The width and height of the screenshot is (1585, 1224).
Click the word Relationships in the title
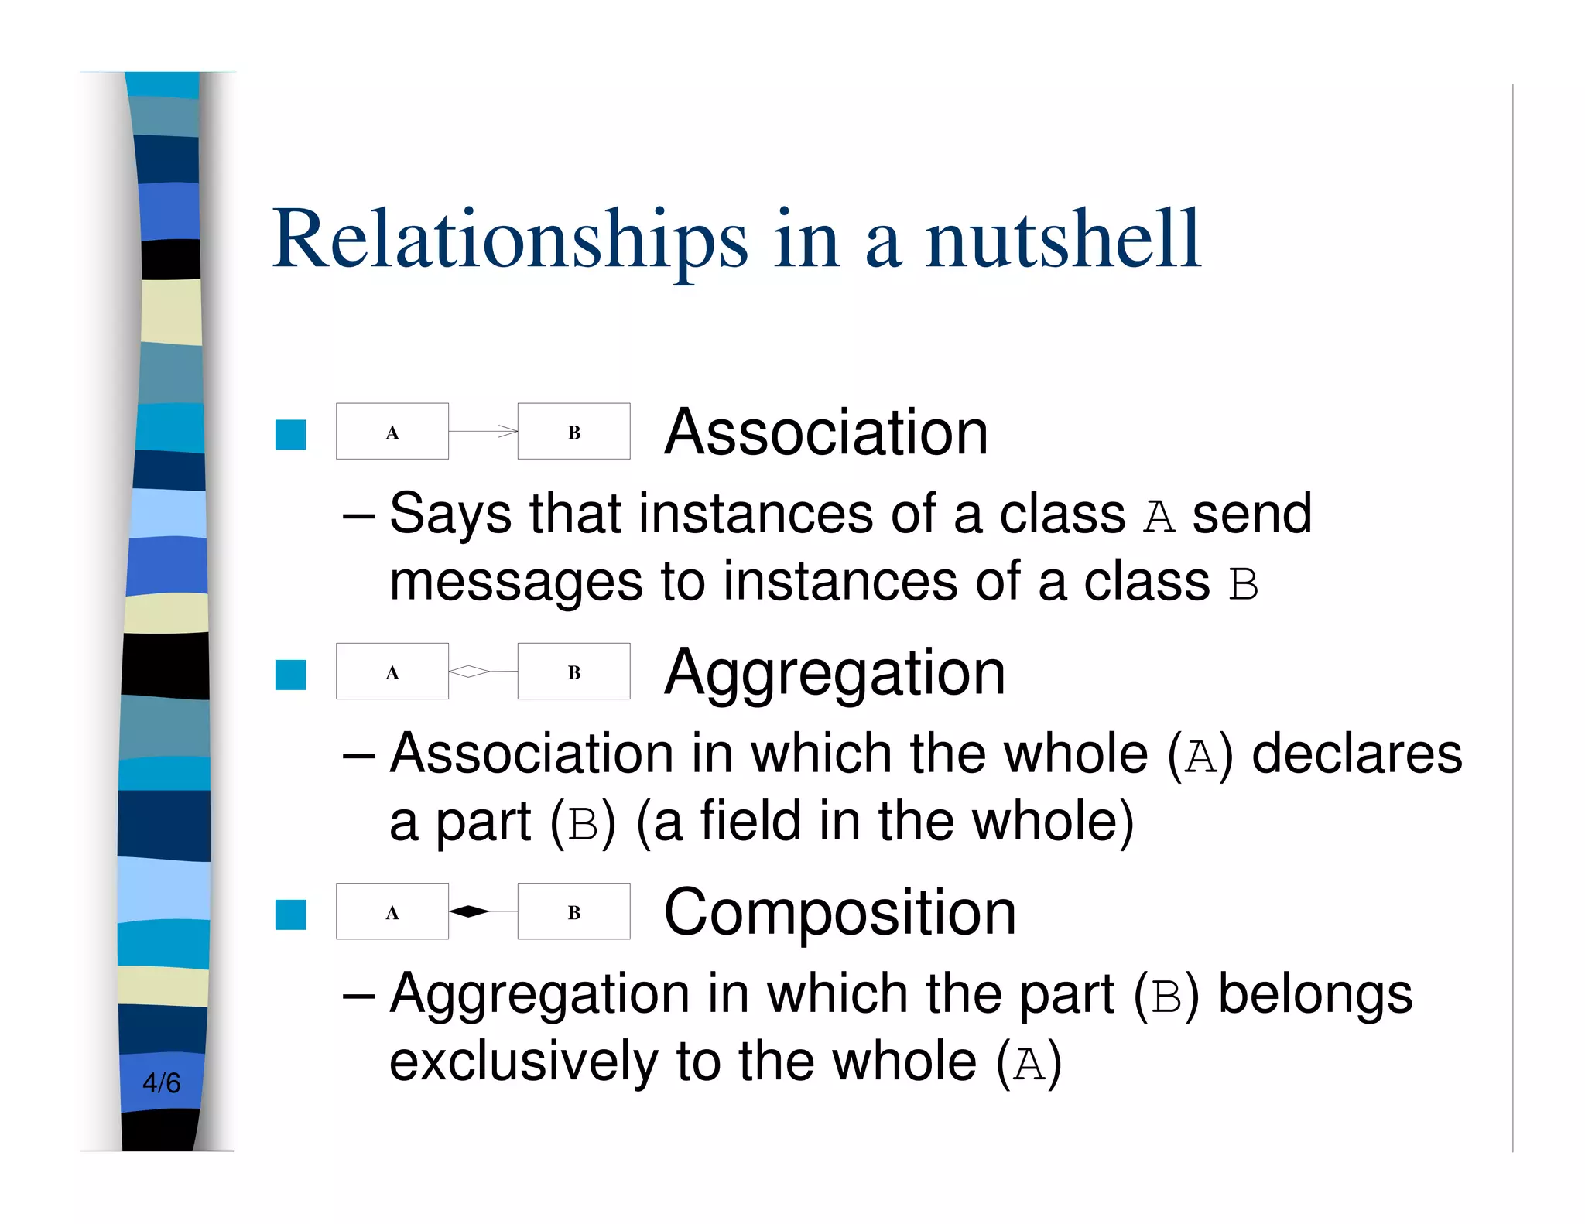(510, 240)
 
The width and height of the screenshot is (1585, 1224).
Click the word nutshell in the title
(1063, 240)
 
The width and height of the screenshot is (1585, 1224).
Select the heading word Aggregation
(835, 673)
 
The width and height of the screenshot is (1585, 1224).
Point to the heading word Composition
(840, 913)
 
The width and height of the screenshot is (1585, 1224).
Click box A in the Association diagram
(392, 432)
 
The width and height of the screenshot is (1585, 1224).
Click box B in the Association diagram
(573, 432)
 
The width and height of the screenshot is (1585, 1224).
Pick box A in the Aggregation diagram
(392, 672)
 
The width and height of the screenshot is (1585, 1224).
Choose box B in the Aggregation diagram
(573, 672)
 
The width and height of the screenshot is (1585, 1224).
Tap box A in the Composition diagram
(392, 911)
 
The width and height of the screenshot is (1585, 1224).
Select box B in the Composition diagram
(573, 911)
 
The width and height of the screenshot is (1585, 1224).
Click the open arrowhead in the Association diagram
(508, 431)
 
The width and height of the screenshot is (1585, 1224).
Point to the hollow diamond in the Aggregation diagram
(469, 671)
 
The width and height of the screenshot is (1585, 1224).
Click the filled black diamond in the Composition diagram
(469, 911)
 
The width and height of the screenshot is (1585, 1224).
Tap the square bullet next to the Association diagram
(291, 434)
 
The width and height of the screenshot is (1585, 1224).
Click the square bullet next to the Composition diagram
(291, 915)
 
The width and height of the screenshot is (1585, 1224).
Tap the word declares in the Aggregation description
(1357, 754)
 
